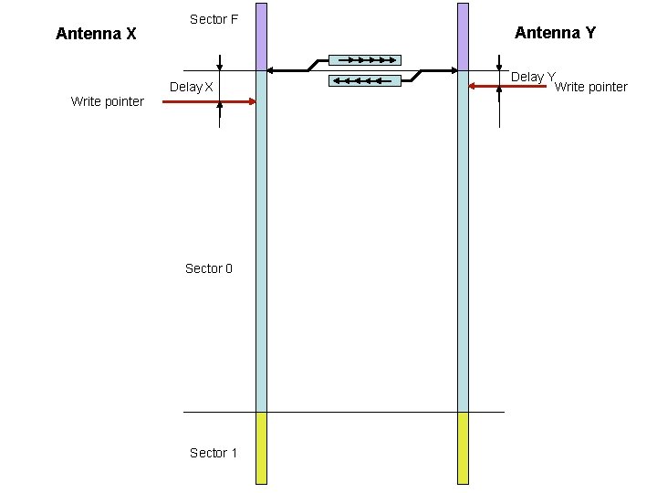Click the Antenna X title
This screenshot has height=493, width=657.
[96, 34]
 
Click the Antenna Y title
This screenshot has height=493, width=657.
[555, 33]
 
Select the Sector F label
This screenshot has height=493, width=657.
[214, 19]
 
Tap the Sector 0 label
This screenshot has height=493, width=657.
[208, 268]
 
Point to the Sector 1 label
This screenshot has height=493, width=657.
[213, 453]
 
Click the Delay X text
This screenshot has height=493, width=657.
[192, 88]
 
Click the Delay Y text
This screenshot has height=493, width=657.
[533, 78]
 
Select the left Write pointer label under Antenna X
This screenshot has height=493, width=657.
[107, 101]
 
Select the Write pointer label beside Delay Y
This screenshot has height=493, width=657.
[591, 88]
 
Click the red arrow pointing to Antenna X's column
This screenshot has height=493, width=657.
[209, 102]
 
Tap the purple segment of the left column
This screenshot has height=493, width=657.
[261, 37]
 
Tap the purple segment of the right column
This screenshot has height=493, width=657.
[463, 37]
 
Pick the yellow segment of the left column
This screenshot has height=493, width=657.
[261, 446]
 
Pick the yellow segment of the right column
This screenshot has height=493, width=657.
[463, 446]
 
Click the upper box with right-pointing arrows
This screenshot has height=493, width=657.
[364, 60]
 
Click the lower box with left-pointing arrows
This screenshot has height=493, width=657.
[364, 80]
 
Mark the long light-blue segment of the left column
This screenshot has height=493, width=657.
[261, 242]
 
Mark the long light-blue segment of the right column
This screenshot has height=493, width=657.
[463, 242]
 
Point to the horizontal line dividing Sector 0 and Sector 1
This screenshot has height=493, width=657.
[343, 412]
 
